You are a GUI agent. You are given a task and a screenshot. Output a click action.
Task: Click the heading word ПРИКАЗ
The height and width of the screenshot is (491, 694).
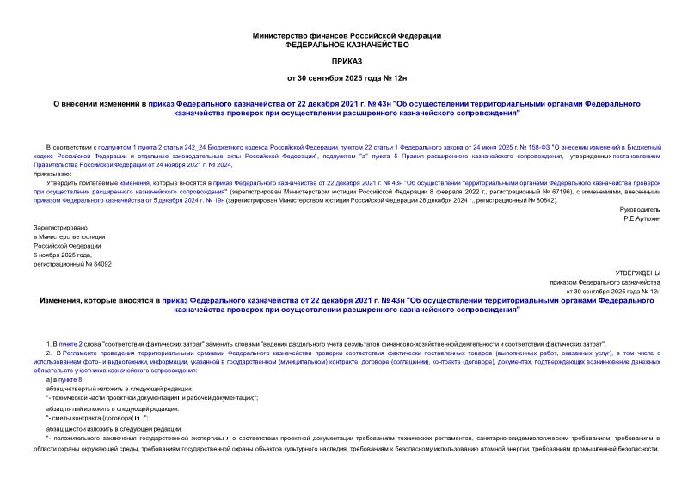click(x=347, y=62)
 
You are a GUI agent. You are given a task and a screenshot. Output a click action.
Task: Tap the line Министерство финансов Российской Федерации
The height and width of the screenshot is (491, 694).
click(x=347, y=35)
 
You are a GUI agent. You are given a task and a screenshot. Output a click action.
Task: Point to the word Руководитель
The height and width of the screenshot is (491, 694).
click(x=639, y=209)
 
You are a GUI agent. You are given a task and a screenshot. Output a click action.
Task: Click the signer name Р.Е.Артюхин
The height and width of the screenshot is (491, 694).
click(x=642, y=218)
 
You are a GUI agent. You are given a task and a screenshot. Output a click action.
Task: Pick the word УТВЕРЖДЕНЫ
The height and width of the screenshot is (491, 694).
click(x=638, y=273)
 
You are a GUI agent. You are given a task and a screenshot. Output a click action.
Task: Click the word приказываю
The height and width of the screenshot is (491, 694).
click(x=52, y=174)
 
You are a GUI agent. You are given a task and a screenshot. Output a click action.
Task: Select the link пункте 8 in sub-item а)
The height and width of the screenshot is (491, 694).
click(x=71, y=379)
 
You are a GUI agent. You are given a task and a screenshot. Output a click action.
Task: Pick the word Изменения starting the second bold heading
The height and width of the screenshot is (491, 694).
click(x=70, y=301)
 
